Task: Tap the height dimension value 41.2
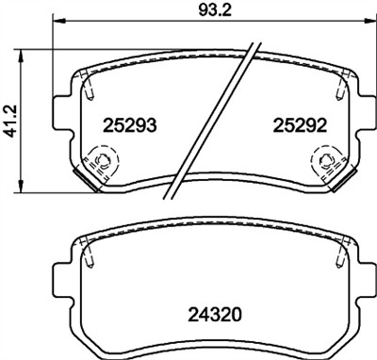(11, 123)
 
